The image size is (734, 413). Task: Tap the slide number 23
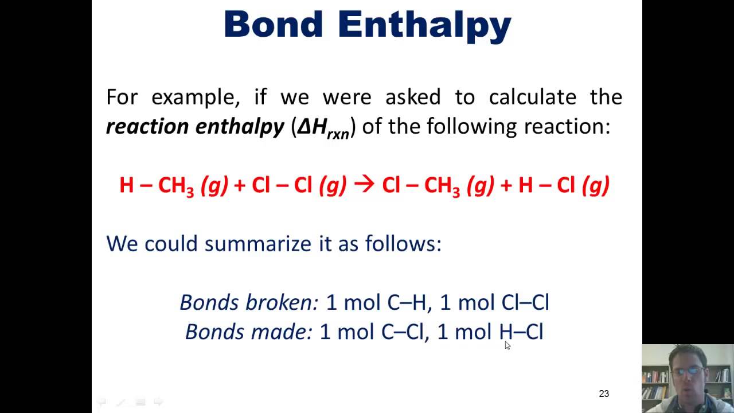click(x=604, y=393)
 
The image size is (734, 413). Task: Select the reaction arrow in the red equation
click(x=364, y=184)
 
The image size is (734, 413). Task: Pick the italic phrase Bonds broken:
click(x=248, y=302)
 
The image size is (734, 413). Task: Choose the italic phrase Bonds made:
click(x=248, y=332)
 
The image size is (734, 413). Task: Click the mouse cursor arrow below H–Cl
click(x=507, y=345)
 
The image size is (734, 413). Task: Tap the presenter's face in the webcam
click(x=686, y=373)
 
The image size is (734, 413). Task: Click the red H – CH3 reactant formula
click(x=156, y=185)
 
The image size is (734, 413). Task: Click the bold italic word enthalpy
click(x=240, y=127)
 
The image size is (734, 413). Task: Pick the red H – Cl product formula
click(x=546, y=185)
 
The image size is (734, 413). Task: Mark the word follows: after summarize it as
click(x=403, y=244)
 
